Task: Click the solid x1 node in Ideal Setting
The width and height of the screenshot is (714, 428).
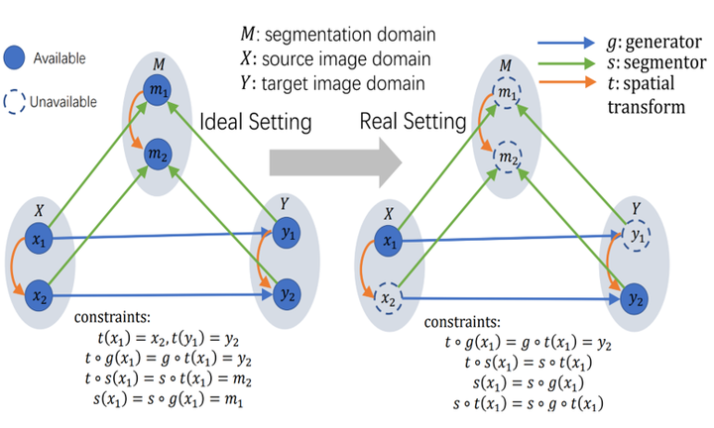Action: point(39,239)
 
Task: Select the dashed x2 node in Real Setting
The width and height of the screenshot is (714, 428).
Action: point(388,299)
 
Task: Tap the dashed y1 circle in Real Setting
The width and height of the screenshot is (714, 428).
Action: point(636,236)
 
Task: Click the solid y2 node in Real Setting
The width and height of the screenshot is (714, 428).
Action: point(635,299)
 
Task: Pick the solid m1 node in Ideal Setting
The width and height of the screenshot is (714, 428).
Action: point(157,90)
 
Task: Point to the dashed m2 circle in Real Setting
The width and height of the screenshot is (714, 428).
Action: point(508,157)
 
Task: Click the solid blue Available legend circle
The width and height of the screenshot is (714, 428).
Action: point(14,57)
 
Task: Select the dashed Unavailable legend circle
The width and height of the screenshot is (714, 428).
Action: point(14,102)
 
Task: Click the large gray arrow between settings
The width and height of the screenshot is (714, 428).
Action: point(335,162)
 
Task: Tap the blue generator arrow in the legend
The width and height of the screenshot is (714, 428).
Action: point(566,43)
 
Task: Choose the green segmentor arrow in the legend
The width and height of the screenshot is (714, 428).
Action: point(566,63)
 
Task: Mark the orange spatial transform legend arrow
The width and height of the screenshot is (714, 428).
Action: point(567,82)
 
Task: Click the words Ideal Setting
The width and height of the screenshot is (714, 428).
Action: point(256,122)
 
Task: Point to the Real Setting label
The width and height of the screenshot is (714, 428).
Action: point(413,122)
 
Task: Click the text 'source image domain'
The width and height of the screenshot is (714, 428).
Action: point(346,59)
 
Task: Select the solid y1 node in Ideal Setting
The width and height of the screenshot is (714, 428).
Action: point(286,234)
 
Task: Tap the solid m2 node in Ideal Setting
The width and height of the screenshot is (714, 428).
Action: point(158,155)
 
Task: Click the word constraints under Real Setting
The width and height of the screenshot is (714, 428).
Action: point(462,322)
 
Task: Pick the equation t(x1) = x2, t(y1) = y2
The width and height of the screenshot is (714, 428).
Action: point(168,339)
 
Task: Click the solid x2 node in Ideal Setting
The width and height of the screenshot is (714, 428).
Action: point(39,296)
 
